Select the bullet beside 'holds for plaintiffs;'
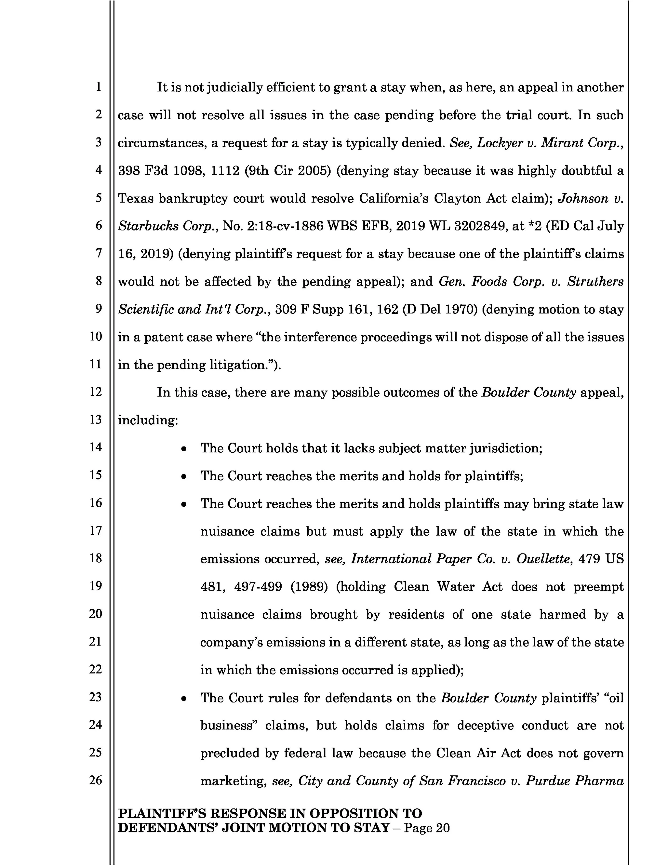click(184, 477)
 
